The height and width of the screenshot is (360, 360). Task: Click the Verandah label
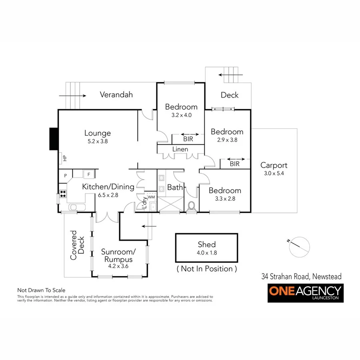(116, 95)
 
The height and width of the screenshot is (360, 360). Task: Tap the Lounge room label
(97, 133)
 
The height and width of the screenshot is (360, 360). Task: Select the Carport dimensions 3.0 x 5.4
(274, 173)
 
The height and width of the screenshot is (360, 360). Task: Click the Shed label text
(206, 244)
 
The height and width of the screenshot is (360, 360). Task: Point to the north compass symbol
(300, 247)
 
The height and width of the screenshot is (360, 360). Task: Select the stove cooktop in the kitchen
(62, 194)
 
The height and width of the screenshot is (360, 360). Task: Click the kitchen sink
(76, 207)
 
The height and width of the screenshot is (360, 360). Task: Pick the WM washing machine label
(151, 197)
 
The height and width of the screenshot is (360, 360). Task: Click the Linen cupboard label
(180, 149)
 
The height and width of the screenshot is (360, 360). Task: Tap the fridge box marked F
(88, 174)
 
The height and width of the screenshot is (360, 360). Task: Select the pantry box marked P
(65, 175)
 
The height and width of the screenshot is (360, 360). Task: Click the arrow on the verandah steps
(72, 96)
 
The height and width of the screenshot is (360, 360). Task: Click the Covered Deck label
(77, 245)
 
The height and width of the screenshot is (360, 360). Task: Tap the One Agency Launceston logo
(306, 293)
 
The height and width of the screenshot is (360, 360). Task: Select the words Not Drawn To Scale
(41, 290)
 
